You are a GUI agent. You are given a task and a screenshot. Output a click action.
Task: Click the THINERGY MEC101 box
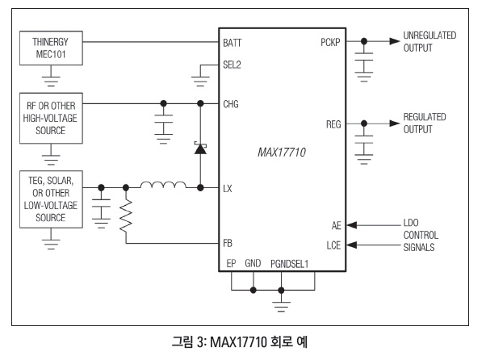(x=50, y=48)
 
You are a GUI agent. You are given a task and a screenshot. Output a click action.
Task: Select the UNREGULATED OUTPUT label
(x=429, y=41)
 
